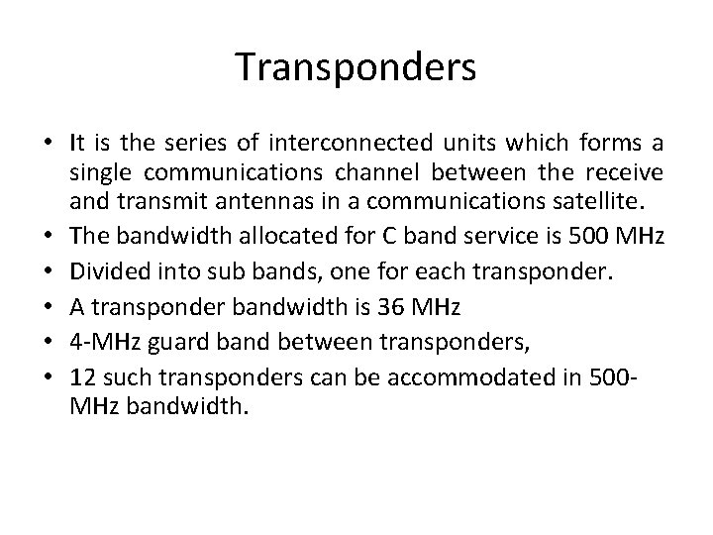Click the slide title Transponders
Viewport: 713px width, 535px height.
tap(356, 67)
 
